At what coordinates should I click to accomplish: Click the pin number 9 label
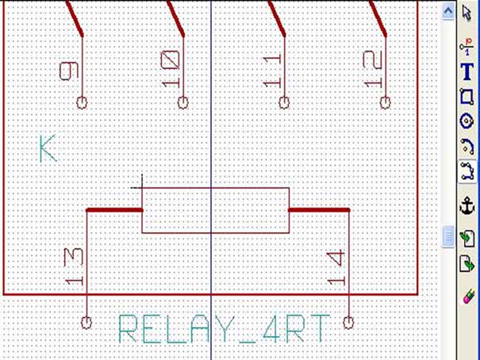coord(69,71)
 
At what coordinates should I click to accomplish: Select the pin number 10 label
coord(171,69)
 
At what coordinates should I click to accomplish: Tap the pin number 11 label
coord(272,71)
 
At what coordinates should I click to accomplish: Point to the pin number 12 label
coord(373,69)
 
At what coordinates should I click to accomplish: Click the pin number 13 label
coord(74,266)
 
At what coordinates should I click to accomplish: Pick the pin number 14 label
coord(336,268)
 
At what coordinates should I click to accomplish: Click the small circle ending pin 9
coord(82,103)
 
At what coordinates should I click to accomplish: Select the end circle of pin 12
coord(386,103)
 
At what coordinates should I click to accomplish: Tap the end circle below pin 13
coord(86,323)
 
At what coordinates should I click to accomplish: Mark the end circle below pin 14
coord(348,323)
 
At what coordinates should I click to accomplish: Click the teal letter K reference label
coord(48,148)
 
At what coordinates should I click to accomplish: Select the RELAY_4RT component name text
coord(224,329)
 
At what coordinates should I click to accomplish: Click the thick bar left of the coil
coord(114,210)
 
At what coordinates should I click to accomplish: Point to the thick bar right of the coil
coord(319,210)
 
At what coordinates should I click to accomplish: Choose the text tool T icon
coord(467,71)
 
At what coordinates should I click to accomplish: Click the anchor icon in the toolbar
coord(467,205)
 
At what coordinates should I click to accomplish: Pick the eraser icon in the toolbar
coord(468,297)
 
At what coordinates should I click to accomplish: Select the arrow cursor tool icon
coord(467,13)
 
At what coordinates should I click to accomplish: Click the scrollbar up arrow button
coord(447,12)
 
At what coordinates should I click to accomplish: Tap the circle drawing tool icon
coord(467,121)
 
